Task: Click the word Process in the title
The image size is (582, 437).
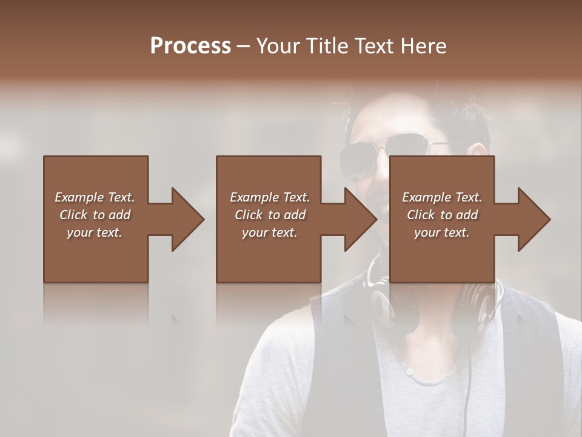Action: tap(190, 46)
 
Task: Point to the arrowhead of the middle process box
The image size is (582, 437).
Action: tap(360, 219)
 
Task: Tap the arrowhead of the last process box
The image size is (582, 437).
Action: tap(533, 219)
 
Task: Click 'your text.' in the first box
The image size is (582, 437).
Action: tap(95, 232)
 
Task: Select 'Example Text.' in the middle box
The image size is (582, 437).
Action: tap(270, 197)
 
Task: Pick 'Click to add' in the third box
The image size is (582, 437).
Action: tap(442, 215)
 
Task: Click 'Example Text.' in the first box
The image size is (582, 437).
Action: tap(95, 197)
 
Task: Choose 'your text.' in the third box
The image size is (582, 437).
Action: tap(442, 232)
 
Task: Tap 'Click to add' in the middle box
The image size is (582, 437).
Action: tap(270, 215)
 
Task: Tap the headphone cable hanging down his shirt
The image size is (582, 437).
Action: tap(470, 376)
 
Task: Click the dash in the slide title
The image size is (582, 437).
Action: tap(244, 46)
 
